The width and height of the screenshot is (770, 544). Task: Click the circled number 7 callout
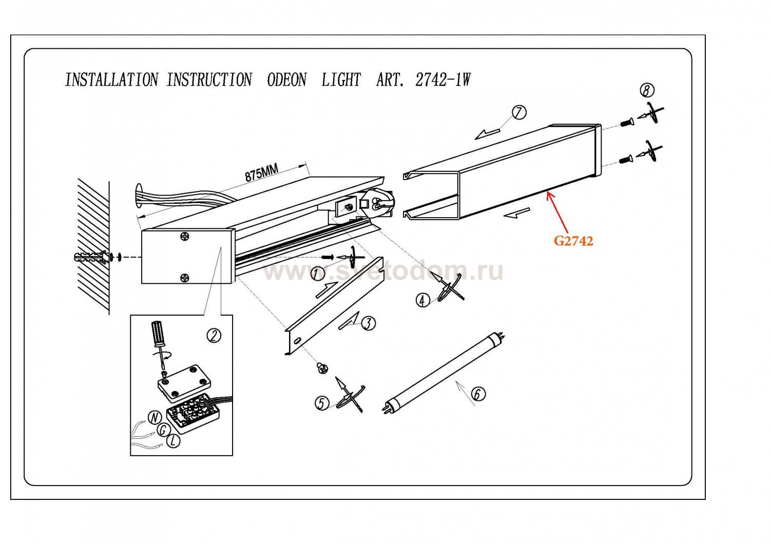[519, 112]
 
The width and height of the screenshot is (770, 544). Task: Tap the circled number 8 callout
[647, 91]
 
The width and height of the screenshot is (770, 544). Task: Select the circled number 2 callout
[214, 336]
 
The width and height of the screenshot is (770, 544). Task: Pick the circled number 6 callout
[477, 394]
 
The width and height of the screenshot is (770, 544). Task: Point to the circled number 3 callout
[369, 323]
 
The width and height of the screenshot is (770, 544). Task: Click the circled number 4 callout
[422, 300]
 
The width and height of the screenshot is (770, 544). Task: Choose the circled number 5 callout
[322, 403]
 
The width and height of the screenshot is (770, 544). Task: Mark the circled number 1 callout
[318, 274]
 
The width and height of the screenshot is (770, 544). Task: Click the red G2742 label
[573, 241]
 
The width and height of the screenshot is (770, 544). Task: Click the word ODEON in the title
[287, 80]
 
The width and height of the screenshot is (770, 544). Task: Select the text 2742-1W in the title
[442, 80]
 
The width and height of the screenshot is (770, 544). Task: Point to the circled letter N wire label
[153, 418]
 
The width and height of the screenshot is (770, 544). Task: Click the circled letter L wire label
[175, 440]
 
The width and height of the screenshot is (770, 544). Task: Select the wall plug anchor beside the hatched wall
[92, 257]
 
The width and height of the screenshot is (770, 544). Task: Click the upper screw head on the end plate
[185, 237]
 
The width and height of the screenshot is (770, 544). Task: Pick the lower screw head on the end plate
[185, 278]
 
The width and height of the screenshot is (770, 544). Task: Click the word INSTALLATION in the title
[111, 80]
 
